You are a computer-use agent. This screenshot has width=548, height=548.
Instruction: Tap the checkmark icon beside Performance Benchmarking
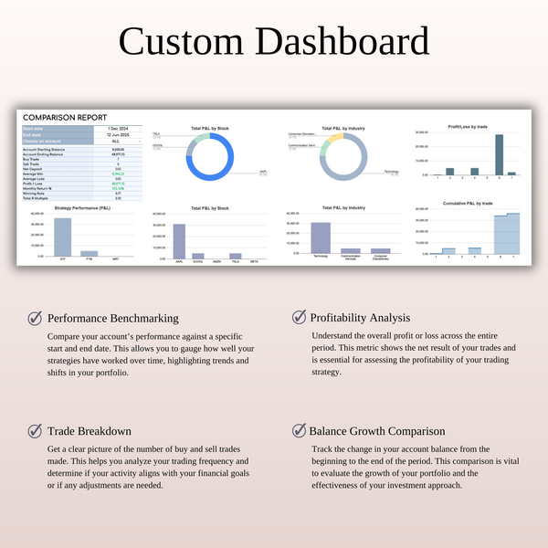click(35, 318)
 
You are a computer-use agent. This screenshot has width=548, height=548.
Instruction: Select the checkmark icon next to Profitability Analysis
click(299, 317)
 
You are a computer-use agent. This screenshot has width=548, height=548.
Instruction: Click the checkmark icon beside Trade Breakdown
click(35, 430)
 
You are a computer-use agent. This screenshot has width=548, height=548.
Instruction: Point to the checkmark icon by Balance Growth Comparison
click(299, 430)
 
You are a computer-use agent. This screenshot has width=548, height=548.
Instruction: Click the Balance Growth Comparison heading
click(377, 431)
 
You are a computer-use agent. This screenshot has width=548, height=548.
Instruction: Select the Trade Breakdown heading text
click(90, 431)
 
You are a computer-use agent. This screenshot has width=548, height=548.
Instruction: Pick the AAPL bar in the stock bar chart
click(179, 237)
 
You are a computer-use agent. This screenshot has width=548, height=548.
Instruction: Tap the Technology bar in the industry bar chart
click(321, 237)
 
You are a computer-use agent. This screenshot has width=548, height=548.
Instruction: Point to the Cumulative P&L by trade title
click(468, 203)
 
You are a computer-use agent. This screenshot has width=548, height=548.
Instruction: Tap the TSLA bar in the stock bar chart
click(236, 255)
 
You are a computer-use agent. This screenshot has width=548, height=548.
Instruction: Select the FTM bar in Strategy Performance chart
click(89, 253)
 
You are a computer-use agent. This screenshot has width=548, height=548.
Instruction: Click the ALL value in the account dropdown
click(116, 142)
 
